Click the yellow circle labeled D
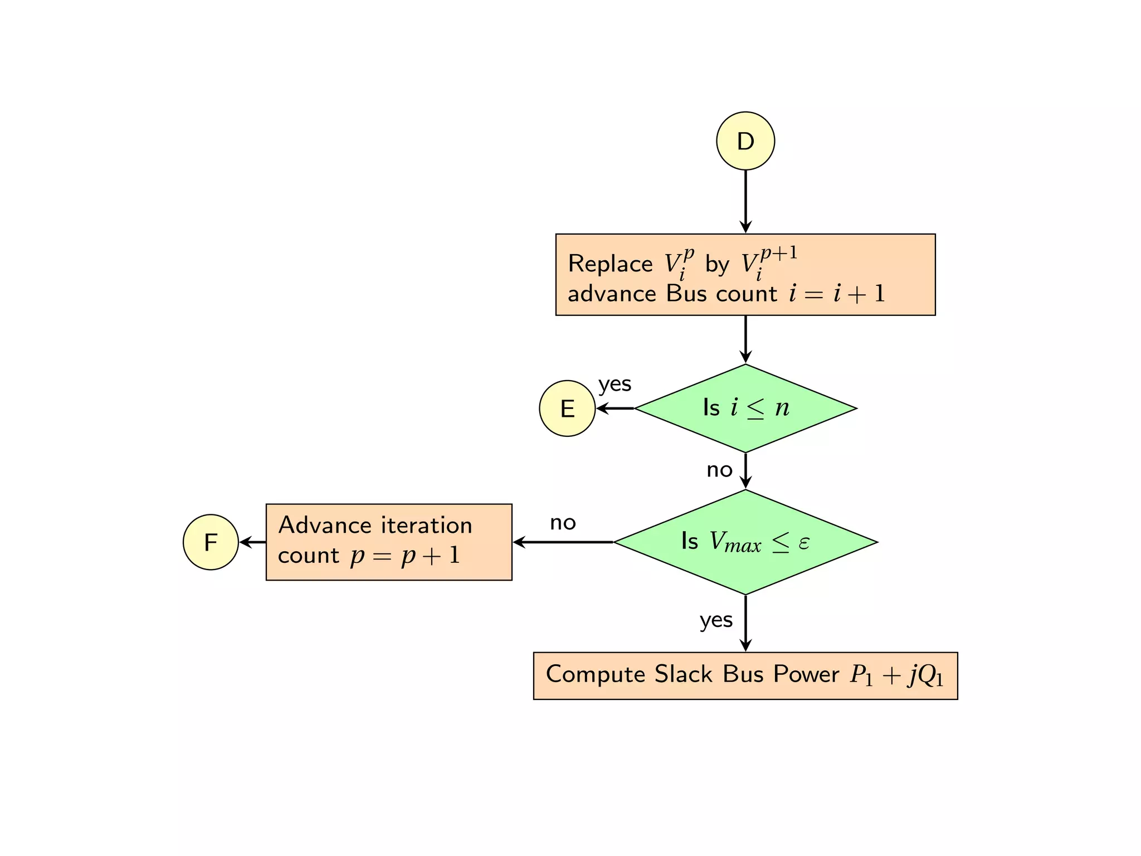click(x=745, y=141)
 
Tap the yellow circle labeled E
click(x=567, y=408)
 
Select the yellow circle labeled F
click(x=211, y=542)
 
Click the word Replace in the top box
click(x=610, y=264)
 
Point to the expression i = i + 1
click(x=836, y=294)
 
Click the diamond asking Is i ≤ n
click(x=745, y=408)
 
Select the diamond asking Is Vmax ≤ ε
click(x=745, y=542)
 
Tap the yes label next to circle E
click(x=615, y=385)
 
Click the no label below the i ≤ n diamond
click(x=719, y=470)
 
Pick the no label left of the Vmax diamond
click(x=563, y=523)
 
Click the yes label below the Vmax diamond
click(x=716, y=620)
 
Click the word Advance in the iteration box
click(x=325, y=525)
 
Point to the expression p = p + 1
click(x=405, y=556)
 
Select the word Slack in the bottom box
click(x=683, y=674)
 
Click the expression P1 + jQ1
click(x=896, y=675)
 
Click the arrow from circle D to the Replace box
click(x=745, y=201)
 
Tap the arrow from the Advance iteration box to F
click(x=252, y=542)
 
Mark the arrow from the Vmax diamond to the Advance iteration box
click(x=563, y=542)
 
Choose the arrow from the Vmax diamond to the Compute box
click(x=745, y=623)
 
